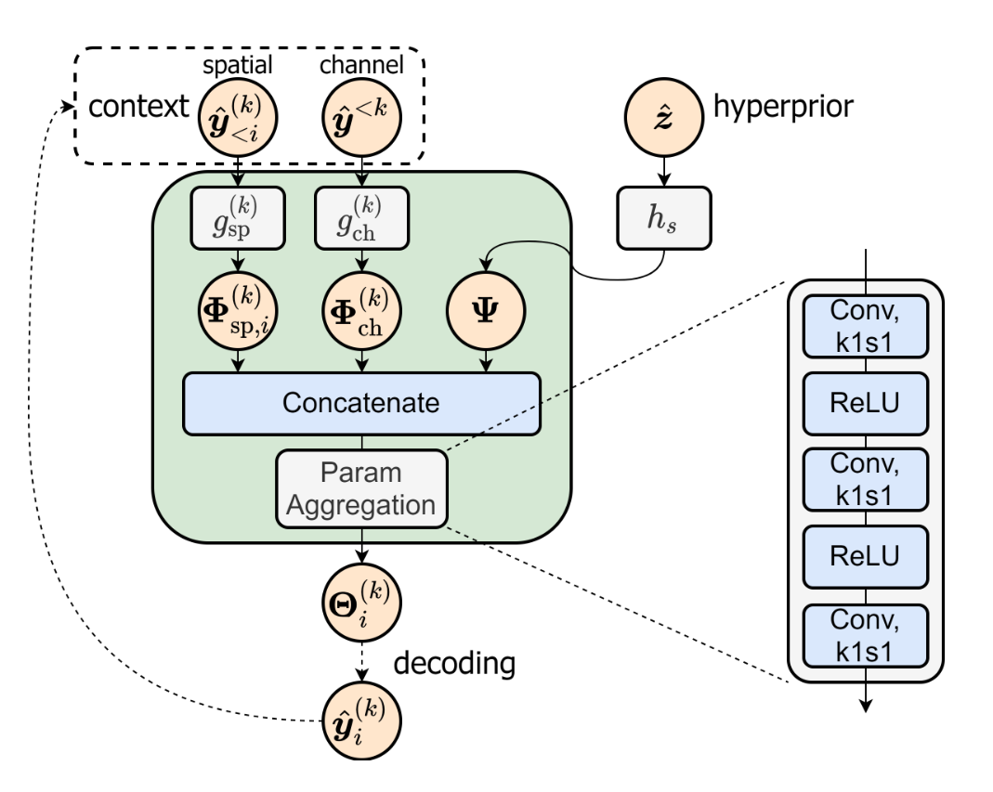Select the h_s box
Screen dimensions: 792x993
(x=662, y=217)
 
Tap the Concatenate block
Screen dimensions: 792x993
(x=361, y=404)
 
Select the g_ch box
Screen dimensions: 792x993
(x=361, y=217)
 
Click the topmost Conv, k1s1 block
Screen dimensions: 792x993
(x=865, y=326)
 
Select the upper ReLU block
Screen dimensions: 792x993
(x=865, y=403)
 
